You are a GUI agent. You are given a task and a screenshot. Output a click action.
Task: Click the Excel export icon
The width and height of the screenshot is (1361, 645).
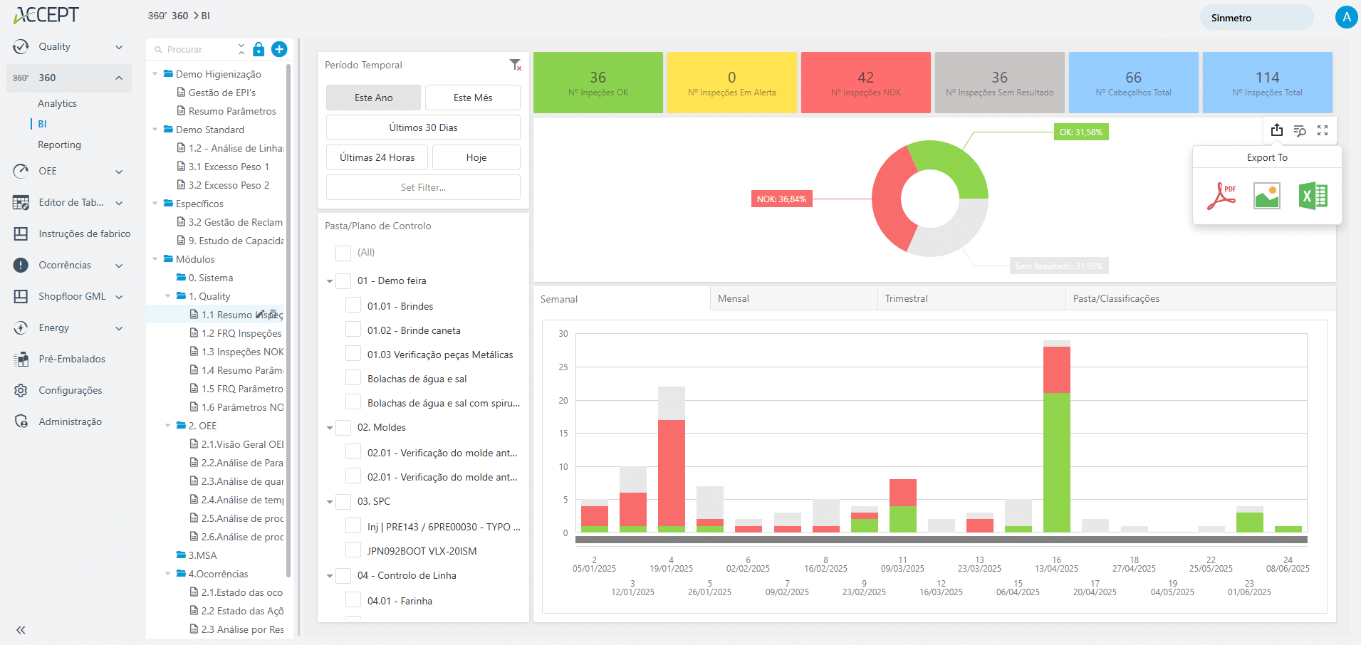pos(1313,196)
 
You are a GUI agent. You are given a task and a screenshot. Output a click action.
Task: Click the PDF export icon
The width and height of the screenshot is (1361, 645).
pos(1221,196)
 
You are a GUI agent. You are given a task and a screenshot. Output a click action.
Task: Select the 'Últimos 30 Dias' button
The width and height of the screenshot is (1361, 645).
pos(423,127)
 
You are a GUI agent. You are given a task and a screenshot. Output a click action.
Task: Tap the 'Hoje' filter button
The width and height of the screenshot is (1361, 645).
pos(476,157)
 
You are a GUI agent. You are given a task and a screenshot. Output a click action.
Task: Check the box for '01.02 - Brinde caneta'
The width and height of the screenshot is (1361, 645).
pos(353,330)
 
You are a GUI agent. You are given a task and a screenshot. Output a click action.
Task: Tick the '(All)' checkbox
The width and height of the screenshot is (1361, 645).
pos(343,253)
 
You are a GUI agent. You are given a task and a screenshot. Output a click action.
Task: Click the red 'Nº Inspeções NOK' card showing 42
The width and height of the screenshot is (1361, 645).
pos(865,83)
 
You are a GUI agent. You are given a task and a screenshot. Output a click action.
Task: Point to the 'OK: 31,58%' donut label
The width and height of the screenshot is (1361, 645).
pos(1080,132)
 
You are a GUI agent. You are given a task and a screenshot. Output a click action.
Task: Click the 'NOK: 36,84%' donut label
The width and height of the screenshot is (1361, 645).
pos(781,199)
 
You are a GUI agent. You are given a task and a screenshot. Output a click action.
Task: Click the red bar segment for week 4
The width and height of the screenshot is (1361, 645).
pos(671,473)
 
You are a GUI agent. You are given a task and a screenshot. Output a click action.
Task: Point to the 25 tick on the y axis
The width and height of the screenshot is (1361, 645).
pos(563,367)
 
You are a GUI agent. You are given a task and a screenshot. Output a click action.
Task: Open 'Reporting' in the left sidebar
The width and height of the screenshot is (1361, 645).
pos(59,145)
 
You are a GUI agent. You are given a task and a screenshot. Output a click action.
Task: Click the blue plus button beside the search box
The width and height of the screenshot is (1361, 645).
pos(279,49)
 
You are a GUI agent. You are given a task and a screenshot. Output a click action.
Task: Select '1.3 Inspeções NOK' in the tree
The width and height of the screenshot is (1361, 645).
pos(242,352)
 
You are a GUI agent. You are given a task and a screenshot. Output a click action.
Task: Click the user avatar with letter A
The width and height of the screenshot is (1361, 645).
pos(1345,17)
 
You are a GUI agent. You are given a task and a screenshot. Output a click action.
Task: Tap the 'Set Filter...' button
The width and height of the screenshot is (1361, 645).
pos(423,187)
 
